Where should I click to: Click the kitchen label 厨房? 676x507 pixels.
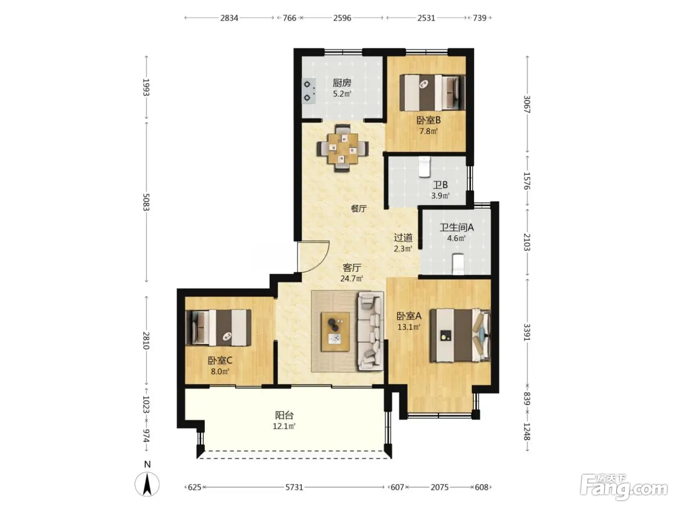(341, 83)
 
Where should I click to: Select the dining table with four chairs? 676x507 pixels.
(342, 148)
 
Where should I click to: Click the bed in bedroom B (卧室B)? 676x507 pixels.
(432, 93)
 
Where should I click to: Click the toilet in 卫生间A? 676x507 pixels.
(458, 264)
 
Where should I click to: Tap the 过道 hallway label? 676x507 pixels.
(403, 238)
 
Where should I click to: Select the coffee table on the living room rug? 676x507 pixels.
(335, 332)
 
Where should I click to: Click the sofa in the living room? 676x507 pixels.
(370, 331)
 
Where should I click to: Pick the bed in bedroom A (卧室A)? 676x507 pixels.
(460, 335)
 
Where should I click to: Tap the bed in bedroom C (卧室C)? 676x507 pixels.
(218, 327)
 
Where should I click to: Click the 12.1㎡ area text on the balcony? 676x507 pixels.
(284, 426)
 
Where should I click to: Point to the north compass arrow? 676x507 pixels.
(147, 484)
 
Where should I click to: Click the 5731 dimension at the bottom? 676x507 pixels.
(294, 487)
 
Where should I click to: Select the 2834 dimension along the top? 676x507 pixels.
(229, 18)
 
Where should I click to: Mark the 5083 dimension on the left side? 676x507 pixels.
(146, 202)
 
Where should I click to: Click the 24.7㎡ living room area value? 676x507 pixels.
(352, 279)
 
